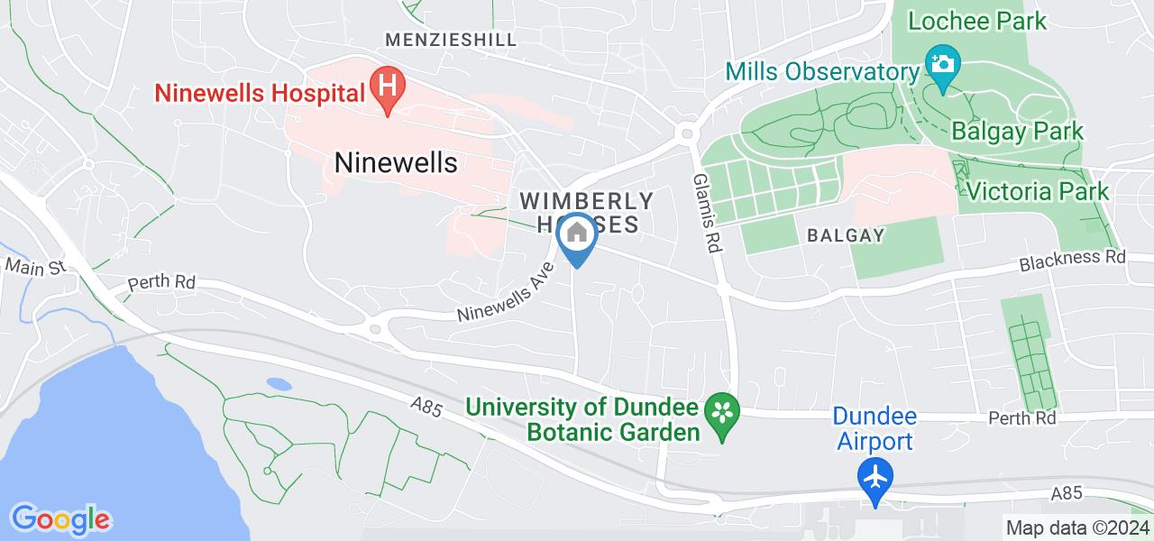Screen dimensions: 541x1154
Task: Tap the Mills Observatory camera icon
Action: coord(942,66)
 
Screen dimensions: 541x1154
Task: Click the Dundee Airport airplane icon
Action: coord(875,474)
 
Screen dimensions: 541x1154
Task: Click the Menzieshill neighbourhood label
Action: coord(451,40)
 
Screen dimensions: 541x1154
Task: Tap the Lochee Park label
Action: coord(977,21)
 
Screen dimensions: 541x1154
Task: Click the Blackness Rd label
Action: coord(1073,261)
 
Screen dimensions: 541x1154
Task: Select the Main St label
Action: coord(36,267)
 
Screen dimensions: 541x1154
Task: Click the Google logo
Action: coord(60,518)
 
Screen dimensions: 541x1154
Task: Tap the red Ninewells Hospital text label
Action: coord(260,92)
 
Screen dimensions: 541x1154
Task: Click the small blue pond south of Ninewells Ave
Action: coord(279,384)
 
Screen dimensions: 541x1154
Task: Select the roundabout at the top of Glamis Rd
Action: coord(688,133)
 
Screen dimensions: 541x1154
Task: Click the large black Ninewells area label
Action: coord(396,162)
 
